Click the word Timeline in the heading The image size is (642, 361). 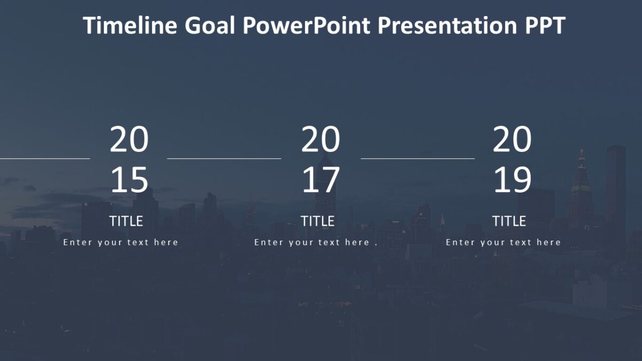point(131,26)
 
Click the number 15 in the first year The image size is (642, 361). point(129,180)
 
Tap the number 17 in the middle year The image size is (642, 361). point(320,180)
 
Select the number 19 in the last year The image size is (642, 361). point(512,180)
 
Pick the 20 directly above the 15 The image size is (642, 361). point(129,140)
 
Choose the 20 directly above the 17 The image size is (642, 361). point(320,140)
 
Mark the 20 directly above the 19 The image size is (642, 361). point(512,140)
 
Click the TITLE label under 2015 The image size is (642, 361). point(126,221)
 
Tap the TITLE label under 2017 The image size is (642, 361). point(317,221)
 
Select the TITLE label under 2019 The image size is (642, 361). point(509,221)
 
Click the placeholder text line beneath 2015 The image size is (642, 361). point(120,242)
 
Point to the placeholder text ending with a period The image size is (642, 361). point(316,242)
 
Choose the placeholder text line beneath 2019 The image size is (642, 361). point(503,242)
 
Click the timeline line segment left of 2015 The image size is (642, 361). point(45,158)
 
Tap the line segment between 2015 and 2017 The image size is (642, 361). point(224,158)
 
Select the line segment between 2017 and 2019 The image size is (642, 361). point(418,158)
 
